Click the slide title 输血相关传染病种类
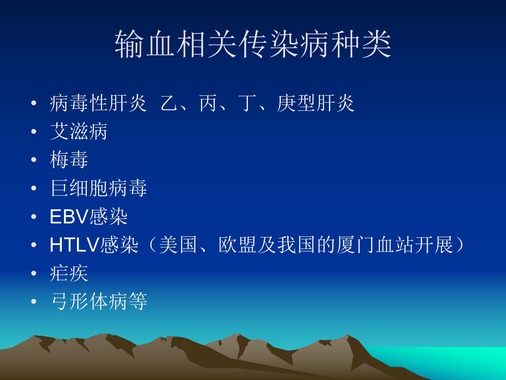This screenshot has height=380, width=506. pos(253,44)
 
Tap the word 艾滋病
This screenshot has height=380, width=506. pos(79,131)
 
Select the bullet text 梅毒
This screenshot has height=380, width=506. pos(69,159)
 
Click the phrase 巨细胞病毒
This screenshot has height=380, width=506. pos(98,188)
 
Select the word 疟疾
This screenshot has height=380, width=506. pos(69,273)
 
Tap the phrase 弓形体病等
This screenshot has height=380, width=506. pos(99,301)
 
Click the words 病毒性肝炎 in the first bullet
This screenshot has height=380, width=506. pos(98,103)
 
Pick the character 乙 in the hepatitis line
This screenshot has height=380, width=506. pos(169,103)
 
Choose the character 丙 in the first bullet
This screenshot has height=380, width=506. pos(208,103)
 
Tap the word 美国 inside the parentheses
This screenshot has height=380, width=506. pos(178,245)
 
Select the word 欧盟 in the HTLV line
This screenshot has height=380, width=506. pos(237,245)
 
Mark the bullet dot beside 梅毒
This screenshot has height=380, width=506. pos(34,160)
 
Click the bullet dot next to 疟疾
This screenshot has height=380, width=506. pos(34,273)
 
